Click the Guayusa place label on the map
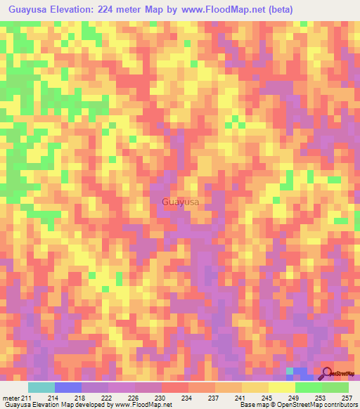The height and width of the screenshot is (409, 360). coord(180,202)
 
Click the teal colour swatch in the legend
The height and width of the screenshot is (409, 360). coord(41,387)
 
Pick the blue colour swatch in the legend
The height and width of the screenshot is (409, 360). coord(68,387)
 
